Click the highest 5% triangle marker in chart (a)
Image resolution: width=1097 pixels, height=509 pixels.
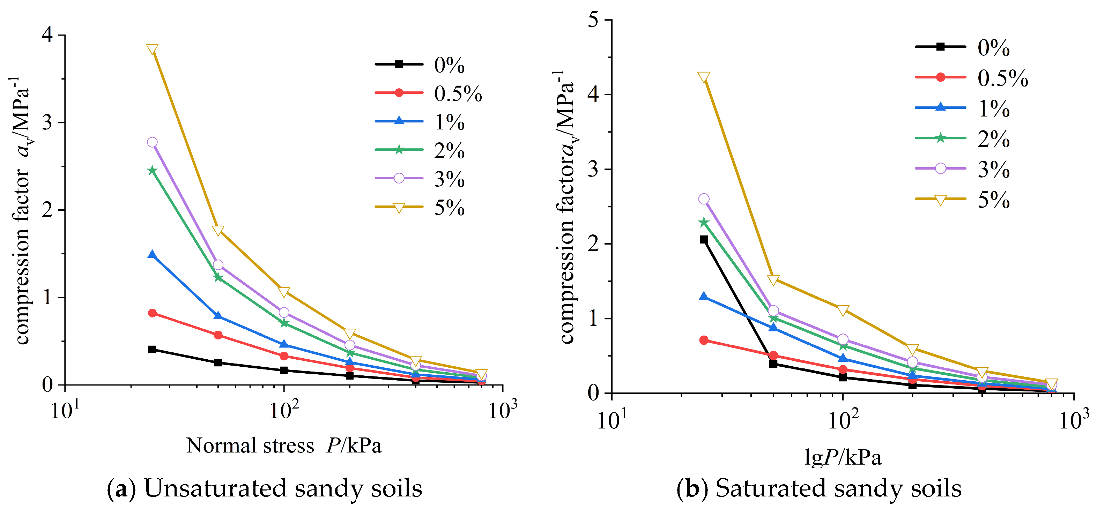152,50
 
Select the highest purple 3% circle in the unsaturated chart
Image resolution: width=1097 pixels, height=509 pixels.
152,142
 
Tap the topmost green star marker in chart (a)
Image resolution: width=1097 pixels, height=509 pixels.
152,170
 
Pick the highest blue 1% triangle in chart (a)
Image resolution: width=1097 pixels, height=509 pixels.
152,255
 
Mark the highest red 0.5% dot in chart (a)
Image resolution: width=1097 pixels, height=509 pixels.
152,313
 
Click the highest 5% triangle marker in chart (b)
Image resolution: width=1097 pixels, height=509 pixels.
704,77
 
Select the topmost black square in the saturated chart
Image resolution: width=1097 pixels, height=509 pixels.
704,240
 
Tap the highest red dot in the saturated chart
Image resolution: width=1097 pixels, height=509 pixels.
704,340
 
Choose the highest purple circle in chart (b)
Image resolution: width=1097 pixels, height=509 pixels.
704,199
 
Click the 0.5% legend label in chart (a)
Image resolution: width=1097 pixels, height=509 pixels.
458,93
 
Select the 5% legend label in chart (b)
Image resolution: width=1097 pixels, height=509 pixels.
994,200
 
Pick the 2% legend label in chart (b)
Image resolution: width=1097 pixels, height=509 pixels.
994,139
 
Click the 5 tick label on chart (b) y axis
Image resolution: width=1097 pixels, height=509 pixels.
593,20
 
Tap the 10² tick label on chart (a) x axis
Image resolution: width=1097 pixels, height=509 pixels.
284,410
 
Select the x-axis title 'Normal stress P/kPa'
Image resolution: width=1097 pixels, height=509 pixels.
284,446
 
